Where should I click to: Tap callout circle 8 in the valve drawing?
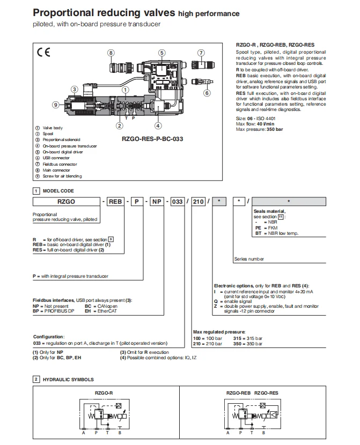click(x=111, y=53)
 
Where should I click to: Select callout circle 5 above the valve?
click(x=161, y=53)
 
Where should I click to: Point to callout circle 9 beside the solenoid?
click(x=55, y=105)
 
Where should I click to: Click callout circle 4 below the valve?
click(x=158, y=126)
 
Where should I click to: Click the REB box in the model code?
click(x=116, y=202)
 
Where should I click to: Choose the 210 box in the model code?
click(x=197, y=202)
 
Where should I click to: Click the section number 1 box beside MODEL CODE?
click(x=36, y=191)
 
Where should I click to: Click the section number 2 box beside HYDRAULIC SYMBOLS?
click(x=36, y=380)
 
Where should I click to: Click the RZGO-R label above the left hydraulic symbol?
click(x=104, y=393)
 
